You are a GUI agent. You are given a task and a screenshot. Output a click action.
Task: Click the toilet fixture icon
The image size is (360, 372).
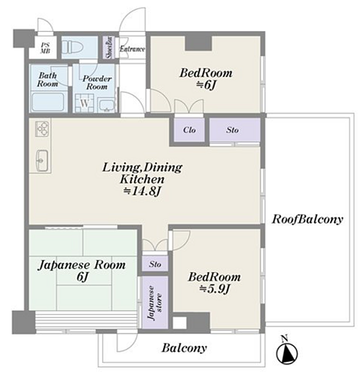[73, 47]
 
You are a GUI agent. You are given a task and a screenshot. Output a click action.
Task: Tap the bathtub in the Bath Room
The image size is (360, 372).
[48, 102]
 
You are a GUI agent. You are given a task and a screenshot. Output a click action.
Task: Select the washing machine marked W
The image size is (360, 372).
[85, 104]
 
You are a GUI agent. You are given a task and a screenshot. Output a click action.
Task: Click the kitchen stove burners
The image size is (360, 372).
[42, 128]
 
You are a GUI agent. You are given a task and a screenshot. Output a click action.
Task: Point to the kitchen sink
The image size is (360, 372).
[42, 161]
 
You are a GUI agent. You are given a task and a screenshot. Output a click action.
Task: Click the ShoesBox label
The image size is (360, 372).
[109, 48]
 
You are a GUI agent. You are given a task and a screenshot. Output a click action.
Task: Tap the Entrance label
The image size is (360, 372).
[132, 49]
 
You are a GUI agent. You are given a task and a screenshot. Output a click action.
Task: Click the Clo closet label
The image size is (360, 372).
[189, 130]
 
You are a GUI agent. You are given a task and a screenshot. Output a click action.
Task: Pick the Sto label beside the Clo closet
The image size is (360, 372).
[232, 130]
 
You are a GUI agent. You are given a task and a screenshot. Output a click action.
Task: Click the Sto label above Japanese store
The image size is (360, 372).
[155, 264]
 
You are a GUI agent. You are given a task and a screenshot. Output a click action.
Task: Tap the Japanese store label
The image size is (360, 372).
[155, 303]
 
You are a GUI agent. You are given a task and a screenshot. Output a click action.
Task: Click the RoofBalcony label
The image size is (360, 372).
[307, 219]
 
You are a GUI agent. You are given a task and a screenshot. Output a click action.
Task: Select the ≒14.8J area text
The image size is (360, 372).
[143, 191]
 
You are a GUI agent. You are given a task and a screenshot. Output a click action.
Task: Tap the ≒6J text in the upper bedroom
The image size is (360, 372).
[206, 86]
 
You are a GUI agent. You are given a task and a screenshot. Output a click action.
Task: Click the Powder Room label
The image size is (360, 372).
[97, 82]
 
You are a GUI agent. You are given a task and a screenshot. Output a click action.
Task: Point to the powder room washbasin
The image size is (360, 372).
[107, 105]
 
